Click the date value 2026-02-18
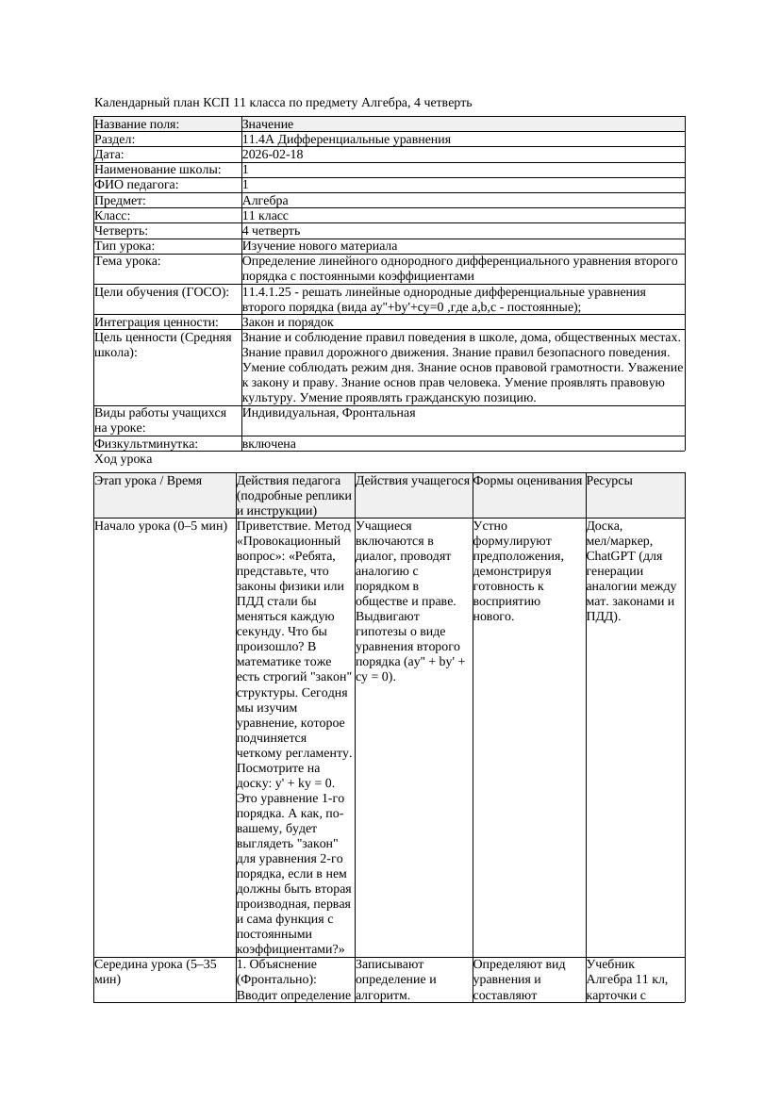pyautogui.click(x=273, y=155)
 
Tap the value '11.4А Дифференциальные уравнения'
pyautogui.click(x=346, y=140)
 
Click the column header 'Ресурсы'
pyautogui.click(x=609, y=481)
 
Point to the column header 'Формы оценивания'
pyautogui.click(x=528, y=481)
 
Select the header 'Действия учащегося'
pyautogui.click(x=412, y=481)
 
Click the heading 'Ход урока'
pyautogui.click(x=124, y=459)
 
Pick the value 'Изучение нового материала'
pyautogui.click(x=320, y=246)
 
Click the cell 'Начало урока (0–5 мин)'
pyautogui.click(x=156, y=526)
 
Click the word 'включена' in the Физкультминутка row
pyautogui.click(x=269, y=443)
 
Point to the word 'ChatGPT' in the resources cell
pyautogui.click(x=609, y=556)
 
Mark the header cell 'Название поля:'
pyautogui.click(x=137, y=124)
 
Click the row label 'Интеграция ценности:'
pyautogui.click(x=156, y=322)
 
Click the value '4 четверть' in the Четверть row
pyautogui.click(x=271, y=231)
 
